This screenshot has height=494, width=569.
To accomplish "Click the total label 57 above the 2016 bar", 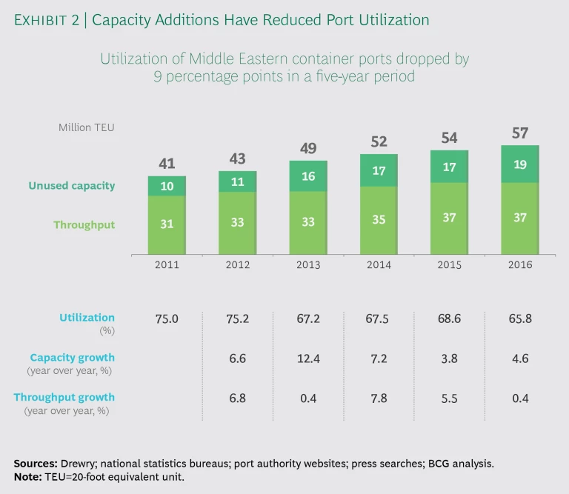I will [519, 133].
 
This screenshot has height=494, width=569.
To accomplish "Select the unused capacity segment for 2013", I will [308, 176].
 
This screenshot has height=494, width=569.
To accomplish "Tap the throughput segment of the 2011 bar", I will [167, 224].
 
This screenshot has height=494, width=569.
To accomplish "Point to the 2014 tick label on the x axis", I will [379, 264].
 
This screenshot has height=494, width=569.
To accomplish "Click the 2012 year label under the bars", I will [237, 264].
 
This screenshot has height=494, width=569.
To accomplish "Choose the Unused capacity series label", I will [72, 186].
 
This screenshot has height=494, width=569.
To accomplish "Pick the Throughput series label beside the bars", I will [84, 224].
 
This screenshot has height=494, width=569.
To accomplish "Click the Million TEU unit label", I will [87, 127].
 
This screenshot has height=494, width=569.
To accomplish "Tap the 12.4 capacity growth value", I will [308, 358].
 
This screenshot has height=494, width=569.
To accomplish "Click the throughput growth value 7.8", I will [379, 398].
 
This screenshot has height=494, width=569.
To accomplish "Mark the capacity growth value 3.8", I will [449, 358].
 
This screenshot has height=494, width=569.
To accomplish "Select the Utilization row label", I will [87, 317].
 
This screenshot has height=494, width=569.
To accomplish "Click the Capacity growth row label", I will [73, 357].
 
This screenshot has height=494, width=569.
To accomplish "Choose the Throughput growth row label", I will [64, 397].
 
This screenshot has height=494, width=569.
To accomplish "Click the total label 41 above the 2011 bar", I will [167, 164].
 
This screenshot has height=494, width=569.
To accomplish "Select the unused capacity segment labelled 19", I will [519, 164].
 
